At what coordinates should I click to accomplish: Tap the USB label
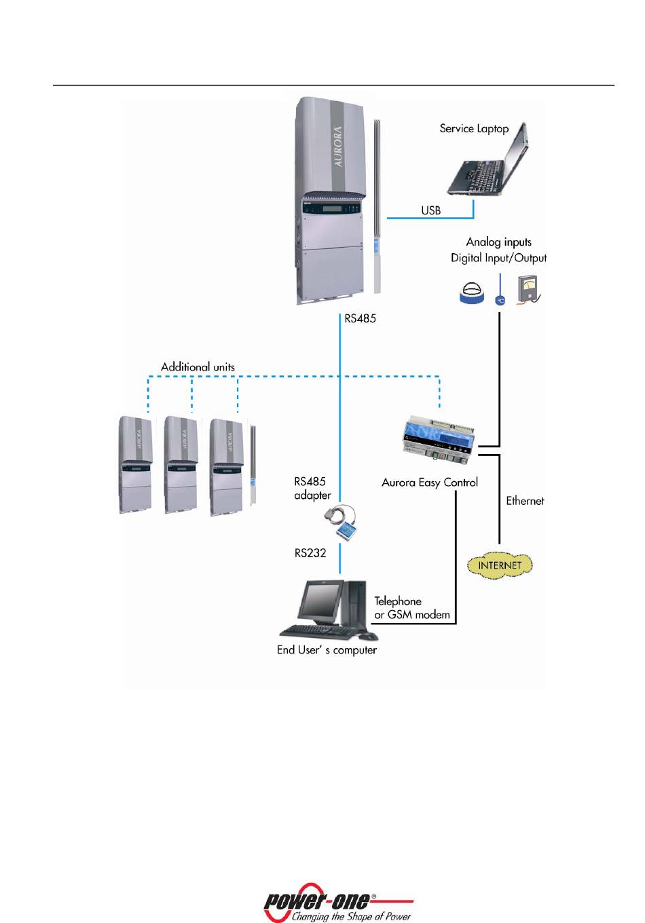click(x=431, y=210)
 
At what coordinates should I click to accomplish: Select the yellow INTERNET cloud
click(x=500, y=565)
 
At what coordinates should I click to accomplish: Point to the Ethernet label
click(x=525, y=501)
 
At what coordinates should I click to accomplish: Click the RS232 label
click(x=310, y=553)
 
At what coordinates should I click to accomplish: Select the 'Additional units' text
click(x=198, y=367)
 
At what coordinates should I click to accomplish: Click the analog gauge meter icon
click(x=528, y=288)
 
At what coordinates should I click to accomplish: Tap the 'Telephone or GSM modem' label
click(x=411, y=608)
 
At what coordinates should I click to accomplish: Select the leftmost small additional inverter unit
click(x=136, y=465)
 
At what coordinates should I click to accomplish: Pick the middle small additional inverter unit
click(x=181, y=466)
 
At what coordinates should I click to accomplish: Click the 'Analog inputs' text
click(x=498, y=242)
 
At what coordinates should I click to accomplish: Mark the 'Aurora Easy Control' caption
click(x=430, y=483)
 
